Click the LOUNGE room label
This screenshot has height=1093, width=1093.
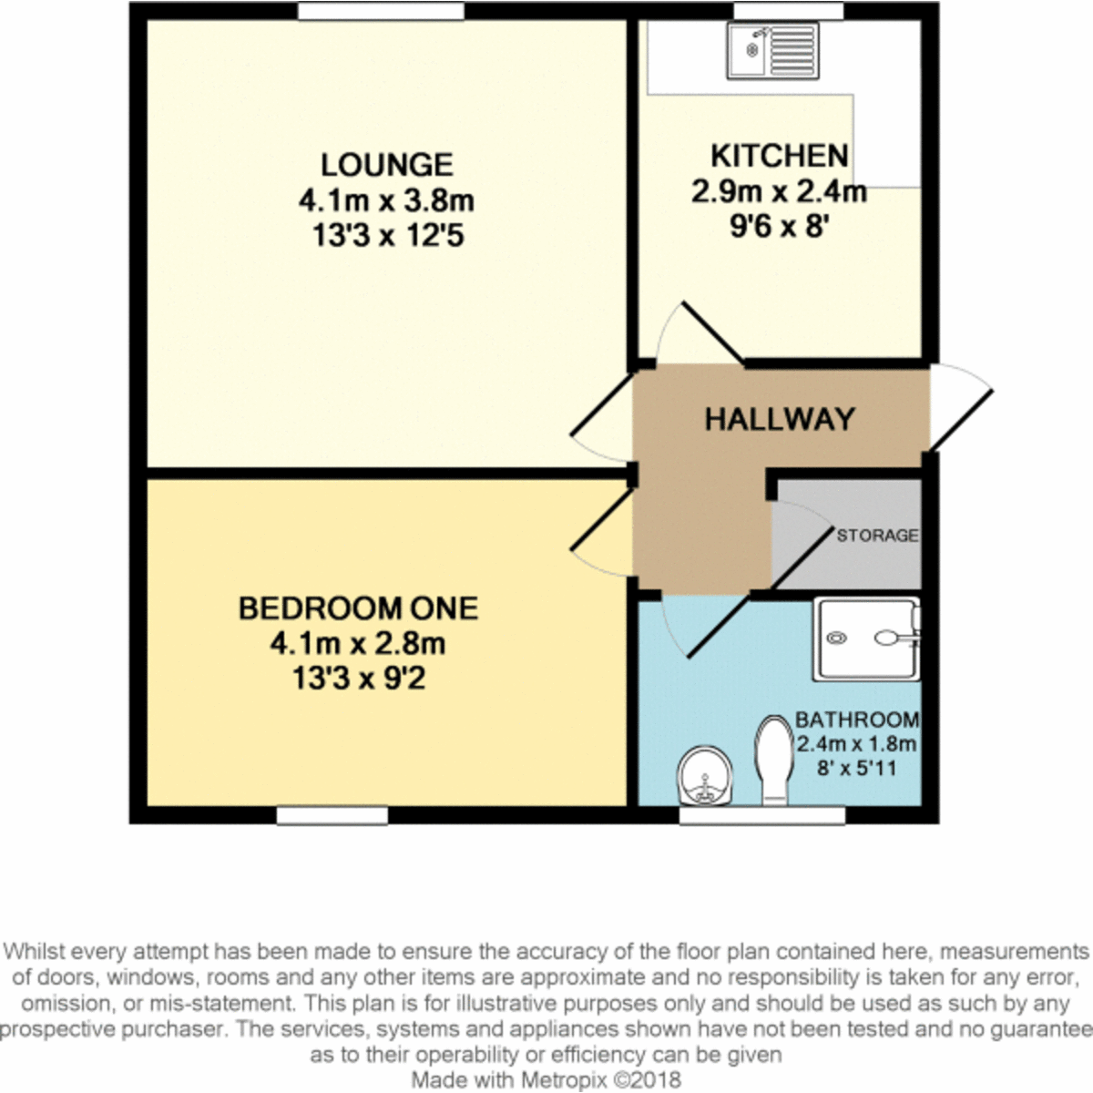point(386,165)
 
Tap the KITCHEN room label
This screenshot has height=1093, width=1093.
point(779,156)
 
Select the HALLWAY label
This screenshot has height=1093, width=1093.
point(780,419)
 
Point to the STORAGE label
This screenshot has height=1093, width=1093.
point(877,536)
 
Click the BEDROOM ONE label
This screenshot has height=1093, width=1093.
point(358,608)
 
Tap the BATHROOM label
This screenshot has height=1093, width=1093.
point(857,720)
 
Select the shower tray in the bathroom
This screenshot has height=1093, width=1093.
point(865,638)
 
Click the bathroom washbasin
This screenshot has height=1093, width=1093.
point(705,775)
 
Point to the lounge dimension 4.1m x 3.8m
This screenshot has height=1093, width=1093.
point(386,200)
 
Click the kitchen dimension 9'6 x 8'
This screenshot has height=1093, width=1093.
point(779,226)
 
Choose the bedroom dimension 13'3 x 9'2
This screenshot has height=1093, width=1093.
point(358,679)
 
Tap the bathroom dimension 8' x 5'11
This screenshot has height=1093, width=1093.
point(856,768)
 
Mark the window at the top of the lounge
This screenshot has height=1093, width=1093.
point(380,11)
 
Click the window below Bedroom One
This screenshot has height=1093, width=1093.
point(332,815)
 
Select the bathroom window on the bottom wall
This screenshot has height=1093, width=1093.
point(761,815)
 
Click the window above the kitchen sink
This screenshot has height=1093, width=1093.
point(775,11)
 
